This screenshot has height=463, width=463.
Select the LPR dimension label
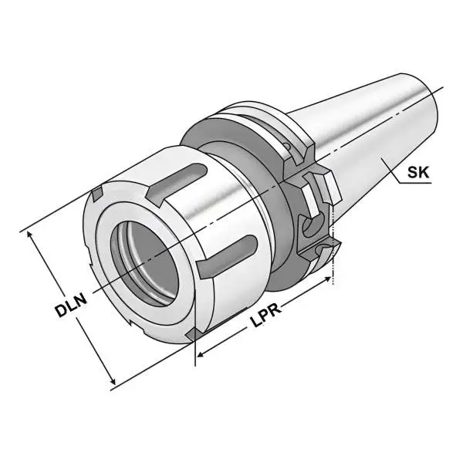pyautogui.click(x=265, y=317)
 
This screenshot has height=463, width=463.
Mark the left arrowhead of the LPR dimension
pyautogui.click(x=199, y=356)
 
